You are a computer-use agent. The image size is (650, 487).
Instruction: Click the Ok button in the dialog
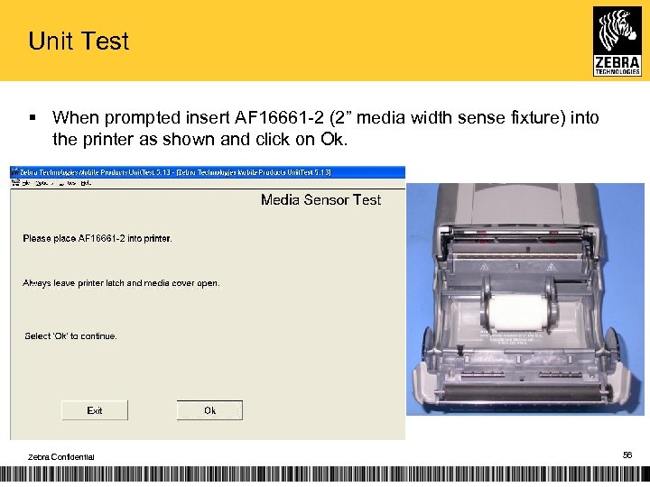(x=209, y=410)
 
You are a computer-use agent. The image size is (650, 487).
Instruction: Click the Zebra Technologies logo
(x=617, y=41)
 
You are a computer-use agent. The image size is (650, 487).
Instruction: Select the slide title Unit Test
(x=79, y=41)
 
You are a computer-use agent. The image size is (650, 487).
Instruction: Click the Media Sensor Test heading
(x=320, y=200)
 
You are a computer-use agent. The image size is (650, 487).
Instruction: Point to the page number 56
(x=627, y=457)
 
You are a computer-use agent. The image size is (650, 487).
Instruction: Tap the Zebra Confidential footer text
(x=60, y=457)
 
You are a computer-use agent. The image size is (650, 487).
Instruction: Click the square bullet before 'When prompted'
(x=32, y=117)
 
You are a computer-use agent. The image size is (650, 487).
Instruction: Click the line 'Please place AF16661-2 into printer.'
(x=97, y=239)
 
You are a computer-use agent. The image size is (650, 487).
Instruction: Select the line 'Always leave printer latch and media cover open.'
(x=121, y=283)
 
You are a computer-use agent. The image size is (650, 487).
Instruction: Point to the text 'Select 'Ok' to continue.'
(x=70, y=336)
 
